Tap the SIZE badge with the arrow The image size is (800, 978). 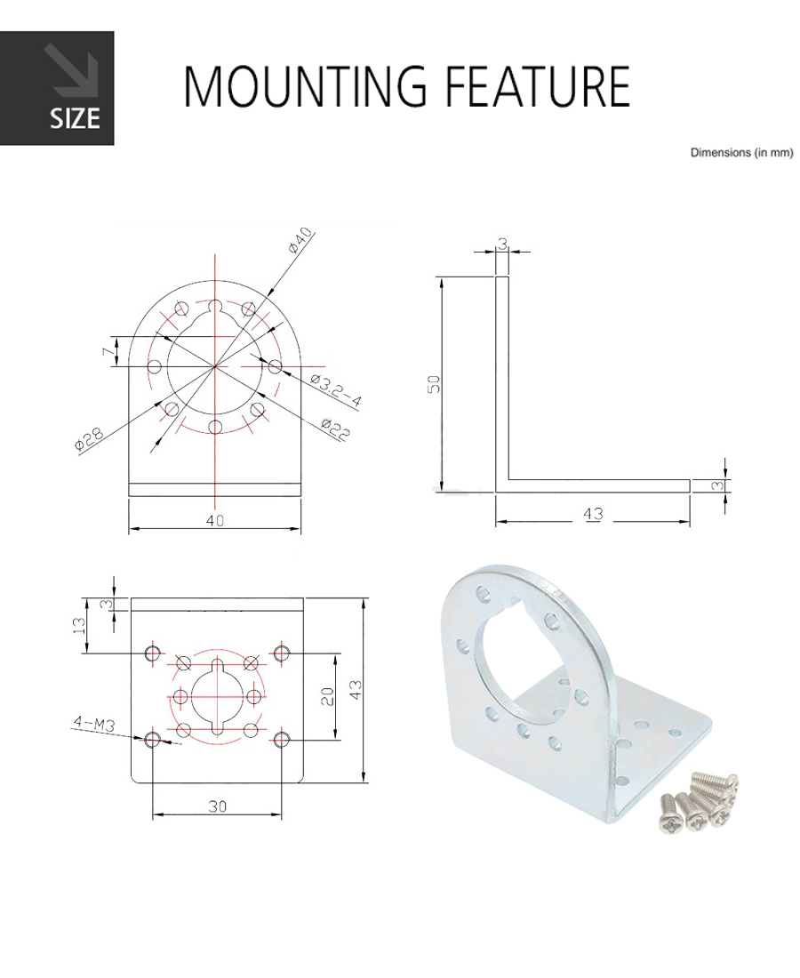click(57, 88)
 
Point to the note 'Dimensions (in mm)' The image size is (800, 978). click(741, 152)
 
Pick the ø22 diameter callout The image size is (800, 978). click(335, 429)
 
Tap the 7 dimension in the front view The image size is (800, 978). click(108, 352)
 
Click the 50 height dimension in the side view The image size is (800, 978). click(435, 383)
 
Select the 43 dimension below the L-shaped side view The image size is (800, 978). click(593, 513)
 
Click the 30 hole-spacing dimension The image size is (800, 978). click(217, 806)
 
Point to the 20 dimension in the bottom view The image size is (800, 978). click(328, 695)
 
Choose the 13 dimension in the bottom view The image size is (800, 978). click(79, 625)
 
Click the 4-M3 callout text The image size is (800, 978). click(93, 723)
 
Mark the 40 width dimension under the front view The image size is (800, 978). click(214, 520)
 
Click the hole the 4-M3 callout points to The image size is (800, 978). click(152, 740)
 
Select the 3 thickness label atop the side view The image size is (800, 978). click(502, 244)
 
